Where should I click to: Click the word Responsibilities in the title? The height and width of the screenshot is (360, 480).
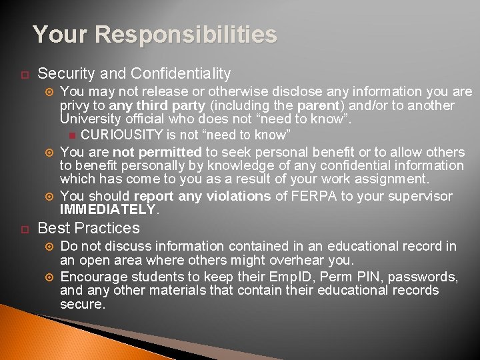185,35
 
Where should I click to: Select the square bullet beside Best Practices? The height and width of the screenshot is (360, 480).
21,229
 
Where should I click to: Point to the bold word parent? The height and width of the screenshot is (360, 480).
319,106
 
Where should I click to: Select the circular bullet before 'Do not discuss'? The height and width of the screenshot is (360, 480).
47,247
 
